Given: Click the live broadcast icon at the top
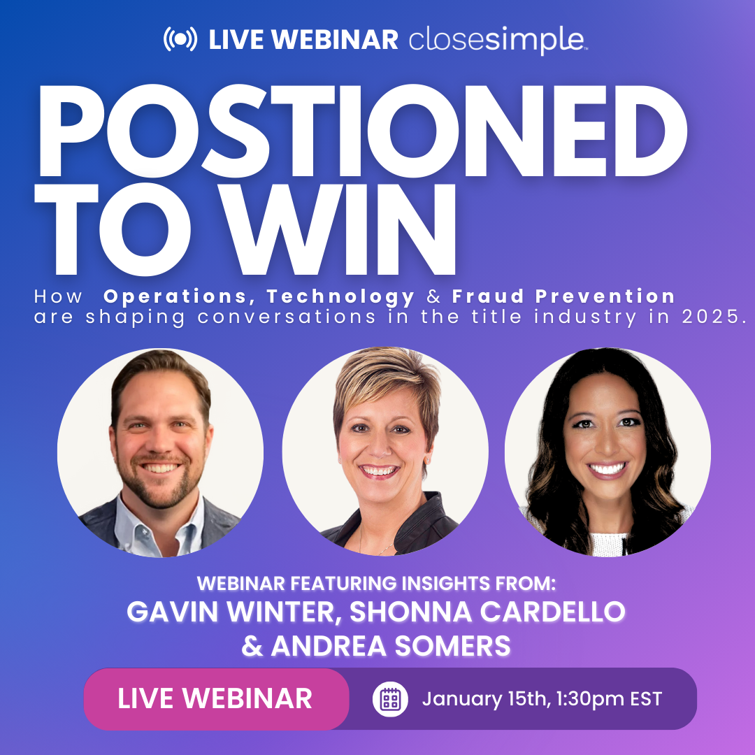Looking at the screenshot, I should pyautogui.click(x=181, y=39).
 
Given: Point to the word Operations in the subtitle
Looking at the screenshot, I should pyautogui.click(x=179, y=296).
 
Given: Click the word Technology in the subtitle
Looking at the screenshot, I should pyautogui.click(x=340, y=296).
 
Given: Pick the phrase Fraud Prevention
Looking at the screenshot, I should pyautogui.click(x=563, y=296).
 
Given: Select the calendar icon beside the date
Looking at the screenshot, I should pyautogui.click(x=390, y=699).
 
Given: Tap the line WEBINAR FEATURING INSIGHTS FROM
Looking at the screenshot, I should pyautogui.click(x=377, y=582).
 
